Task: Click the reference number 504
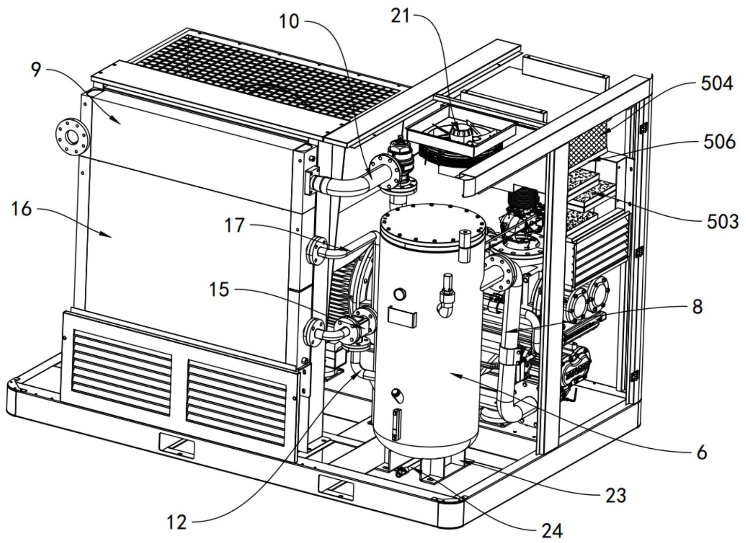[x=716, y=84]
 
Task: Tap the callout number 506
[x=719, y=142]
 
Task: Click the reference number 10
[x=289, y=22]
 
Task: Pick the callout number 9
[x=36, y=69]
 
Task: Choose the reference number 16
[x=21, y=209]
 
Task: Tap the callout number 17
[x=235, y=225]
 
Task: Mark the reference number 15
[x=219, y=290]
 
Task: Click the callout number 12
[x=176, y=523]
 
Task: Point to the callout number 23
[x=616, y=496]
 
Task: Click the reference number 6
[x=702, y=452]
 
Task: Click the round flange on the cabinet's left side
[x=72, y=137]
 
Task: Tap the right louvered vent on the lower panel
[x=237, y=401]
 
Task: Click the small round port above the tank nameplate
[x=400, y=294]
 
